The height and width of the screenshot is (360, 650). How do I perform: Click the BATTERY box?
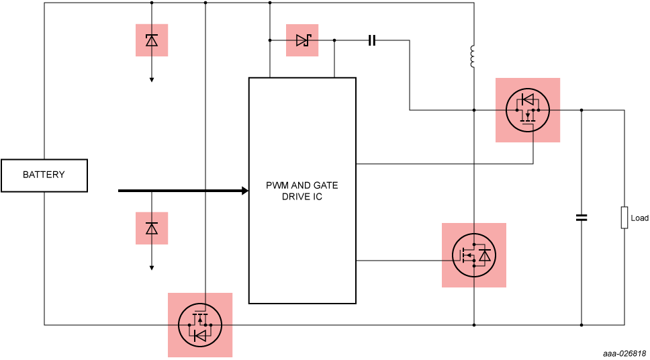[x=44, y=175]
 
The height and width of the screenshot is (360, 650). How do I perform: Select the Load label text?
[x=639, y=218]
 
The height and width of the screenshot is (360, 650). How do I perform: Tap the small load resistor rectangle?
[x=624, y=218]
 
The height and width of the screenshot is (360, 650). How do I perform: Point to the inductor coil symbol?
[x=473, y=57]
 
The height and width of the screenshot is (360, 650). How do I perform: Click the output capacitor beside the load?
[x=582, y=218]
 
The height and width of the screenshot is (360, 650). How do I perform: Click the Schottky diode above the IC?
[x=302, y=40]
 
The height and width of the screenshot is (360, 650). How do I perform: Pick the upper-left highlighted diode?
[x=152, y=40]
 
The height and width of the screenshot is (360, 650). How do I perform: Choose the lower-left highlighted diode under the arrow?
[x=152, y=228]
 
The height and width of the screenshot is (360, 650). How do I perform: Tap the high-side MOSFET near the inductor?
[x=528, y=110]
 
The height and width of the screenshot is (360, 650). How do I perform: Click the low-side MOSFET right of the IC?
[x=474, y=255]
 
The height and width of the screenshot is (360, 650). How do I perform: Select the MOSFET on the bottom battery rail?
[x=200, y=325]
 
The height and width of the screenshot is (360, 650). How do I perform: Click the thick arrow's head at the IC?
[x=245, y=191]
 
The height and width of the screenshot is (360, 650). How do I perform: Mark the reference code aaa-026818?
[x=624, y=353]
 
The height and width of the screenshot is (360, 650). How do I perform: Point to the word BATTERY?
[x=44, y=175]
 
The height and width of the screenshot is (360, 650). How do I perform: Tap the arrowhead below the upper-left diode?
[x=152, y=80]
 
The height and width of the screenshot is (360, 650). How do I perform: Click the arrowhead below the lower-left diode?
[x=152, y=268]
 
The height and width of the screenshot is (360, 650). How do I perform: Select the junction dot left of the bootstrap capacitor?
[x=334, y=40]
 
